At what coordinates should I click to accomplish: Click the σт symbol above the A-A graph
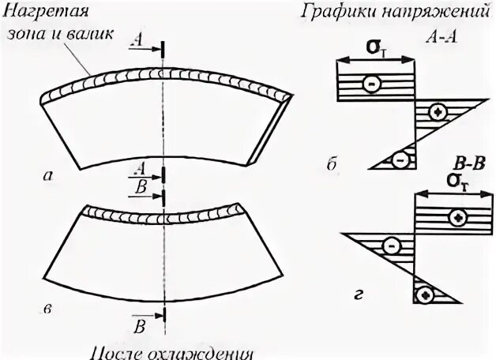(x=376, y=50)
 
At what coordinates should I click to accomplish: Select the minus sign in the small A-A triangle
(x=401, y=160)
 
